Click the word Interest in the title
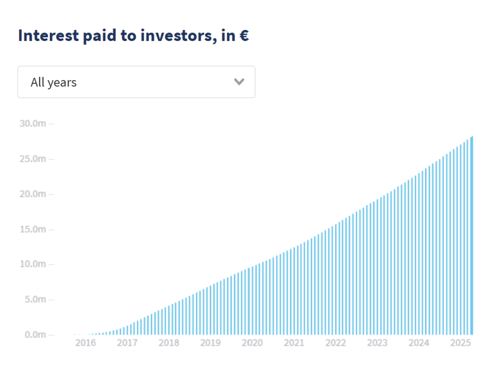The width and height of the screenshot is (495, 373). [x=48, y=35]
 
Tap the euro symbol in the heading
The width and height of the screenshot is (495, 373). [x=244, y=35]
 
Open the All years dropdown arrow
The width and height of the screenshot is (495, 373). [x=239, y=82]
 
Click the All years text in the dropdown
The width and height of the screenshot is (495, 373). [x=54, y=82]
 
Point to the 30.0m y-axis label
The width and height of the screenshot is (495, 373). [x=33, y=123]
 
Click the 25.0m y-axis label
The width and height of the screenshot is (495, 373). [x=33, y=159]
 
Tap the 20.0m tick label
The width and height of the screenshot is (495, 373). [x=33, y=194]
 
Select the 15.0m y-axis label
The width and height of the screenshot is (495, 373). [x=33, y=229]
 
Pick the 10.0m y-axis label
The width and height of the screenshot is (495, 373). [x=33, y=264]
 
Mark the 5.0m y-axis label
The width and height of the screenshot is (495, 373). [x=35, y=299]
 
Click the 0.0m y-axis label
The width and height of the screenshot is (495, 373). [x=35, y=334]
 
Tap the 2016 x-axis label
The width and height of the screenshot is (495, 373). [x=86, y=343]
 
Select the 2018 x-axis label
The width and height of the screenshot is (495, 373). [x=169, y=343]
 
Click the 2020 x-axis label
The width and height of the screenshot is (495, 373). [x=252, y=343]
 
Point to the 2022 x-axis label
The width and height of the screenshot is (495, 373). [x=335, y=343]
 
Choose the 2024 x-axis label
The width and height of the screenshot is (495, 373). [x=419, y=343]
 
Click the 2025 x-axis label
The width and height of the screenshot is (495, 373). [x=461, y=343]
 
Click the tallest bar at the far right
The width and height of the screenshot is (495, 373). [x=472, y=235]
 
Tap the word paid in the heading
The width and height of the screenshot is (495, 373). [x=100, y=36]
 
